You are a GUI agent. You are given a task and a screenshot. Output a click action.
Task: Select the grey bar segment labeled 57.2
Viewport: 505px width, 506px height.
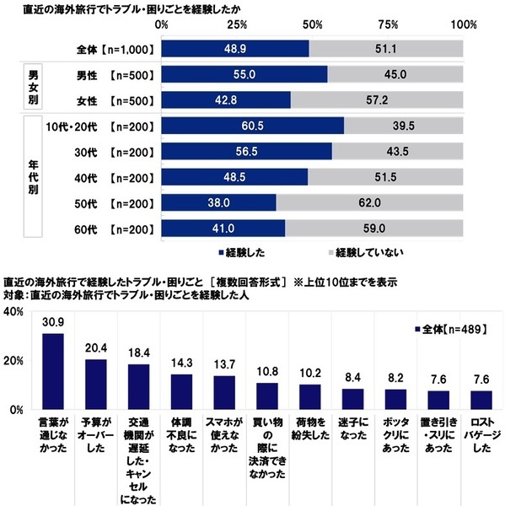point(378,100)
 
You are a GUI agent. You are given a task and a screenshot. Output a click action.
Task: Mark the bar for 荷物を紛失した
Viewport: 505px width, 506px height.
point(310,396)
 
